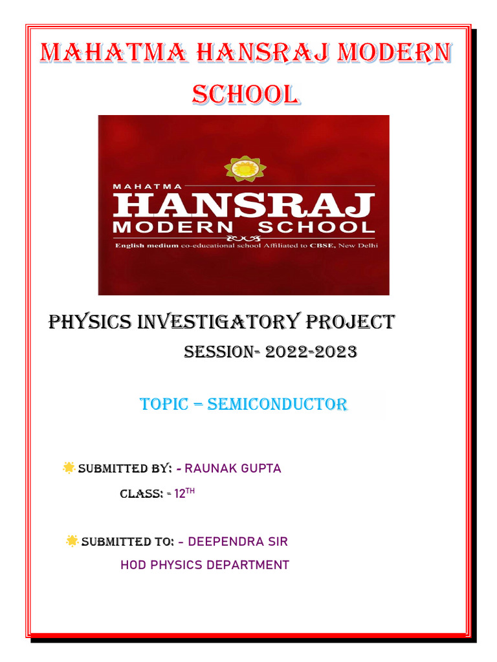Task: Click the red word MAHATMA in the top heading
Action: (114, 53)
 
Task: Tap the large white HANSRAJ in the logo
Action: (244, 205)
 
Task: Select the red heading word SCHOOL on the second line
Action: (246, 94)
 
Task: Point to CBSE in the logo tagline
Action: (323, 245)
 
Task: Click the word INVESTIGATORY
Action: (219, 322)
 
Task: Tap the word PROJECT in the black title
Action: (350, 322)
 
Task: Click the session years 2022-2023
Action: (311, 352)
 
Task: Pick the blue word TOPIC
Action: (164, 404)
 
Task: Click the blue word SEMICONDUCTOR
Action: (277, 404)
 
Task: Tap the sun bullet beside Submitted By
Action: (69, 467)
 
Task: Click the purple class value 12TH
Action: (184, 493)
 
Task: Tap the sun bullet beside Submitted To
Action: (72, 541)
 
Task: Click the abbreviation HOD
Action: (133, 565)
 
